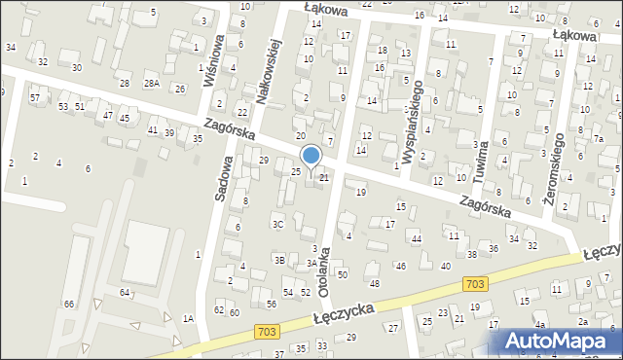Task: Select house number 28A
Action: click(x=152, y=84)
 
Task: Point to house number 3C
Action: click(x=278, y=225)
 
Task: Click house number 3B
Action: click(x=279, y=260)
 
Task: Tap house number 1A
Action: click(x=189, y=319)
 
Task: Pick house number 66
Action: click(x=69, y=305)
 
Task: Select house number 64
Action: click(x=125, y=292)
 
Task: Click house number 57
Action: click(x=34, y=98)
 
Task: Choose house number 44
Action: click(x=416, y=239)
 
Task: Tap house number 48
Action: click(x=375, y=283)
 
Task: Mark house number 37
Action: click(x=279, y=354)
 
